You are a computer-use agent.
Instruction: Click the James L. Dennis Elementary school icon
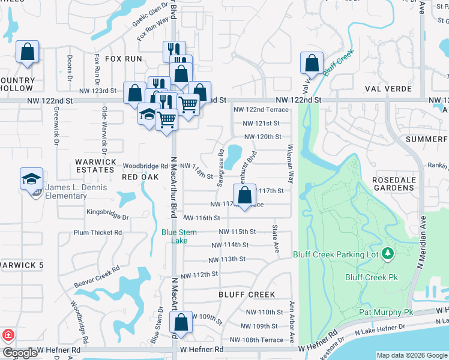(x=31, y=178)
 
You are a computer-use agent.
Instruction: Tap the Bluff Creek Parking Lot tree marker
(x=388, y=254)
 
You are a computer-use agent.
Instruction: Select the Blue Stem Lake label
(x=174, y=236)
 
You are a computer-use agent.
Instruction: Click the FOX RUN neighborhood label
(x=124, y=59)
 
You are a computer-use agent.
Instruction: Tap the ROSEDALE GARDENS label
(x=394, y=184)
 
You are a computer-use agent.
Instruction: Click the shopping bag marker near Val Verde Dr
(x=312, y=62)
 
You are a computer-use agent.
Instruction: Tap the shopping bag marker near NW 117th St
(x=244, y=194)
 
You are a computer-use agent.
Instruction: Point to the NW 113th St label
(x=228, y=260)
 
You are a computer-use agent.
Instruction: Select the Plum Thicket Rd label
(x=97, y=232)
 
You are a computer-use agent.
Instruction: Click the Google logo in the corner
(x=20, y=353)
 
